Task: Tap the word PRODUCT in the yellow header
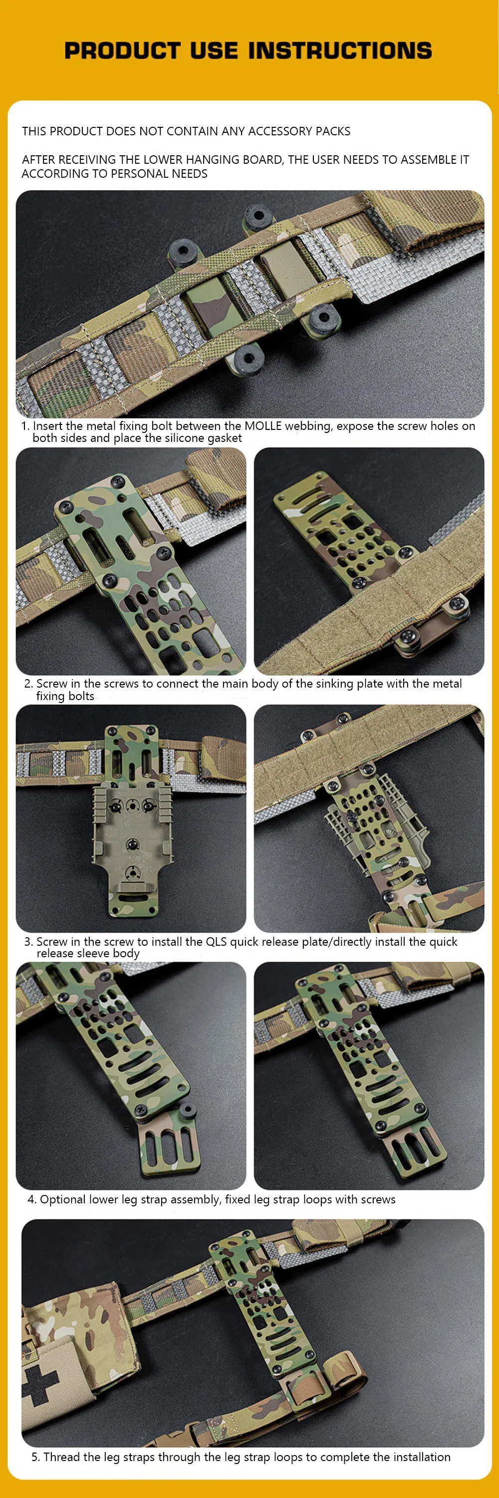(122, 50)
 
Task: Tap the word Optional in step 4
(61, 1200)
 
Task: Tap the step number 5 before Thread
(35, 1457)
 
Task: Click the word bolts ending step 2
(80, 696)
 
